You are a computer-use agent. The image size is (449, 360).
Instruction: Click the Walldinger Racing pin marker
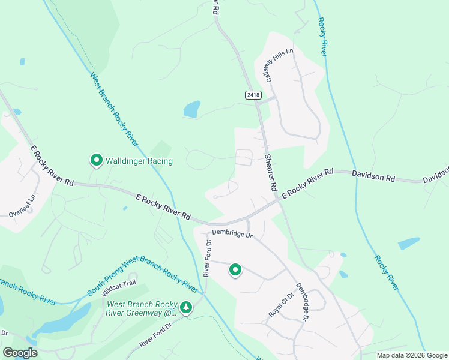tap(96, 160)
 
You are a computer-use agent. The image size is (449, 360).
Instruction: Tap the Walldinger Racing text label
tap(139, 161)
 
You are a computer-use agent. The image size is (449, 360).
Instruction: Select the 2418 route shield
tap(253, 95)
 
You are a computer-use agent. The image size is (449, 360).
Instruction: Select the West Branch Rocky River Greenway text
tap(142, 308)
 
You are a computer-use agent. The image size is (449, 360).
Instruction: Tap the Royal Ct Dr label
tap(280, 305)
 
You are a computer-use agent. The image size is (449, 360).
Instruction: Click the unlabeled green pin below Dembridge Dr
tap(235, 271)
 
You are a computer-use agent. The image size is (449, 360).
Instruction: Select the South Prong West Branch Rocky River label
tap(143, 277)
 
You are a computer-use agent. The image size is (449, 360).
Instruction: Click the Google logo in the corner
tap(20, 352)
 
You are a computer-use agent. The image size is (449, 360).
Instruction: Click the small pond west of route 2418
tap(192, 109)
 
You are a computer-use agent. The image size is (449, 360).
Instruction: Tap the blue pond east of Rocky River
tap(409, 244)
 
